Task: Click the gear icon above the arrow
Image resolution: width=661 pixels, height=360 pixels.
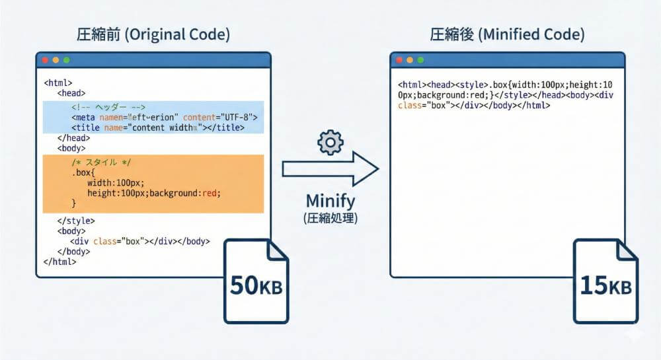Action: [x=330, y=143]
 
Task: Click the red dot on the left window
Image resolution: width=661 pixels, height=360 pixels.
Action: [x=45, y=60]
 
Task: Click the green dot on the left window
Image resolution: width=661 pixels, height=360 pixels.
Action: [x=66, y=60]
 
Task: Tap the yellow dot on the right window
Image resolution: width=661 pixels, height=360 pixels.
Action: [x=410, y=60]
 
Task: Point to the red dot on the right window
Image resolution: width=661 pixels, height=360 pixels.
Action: [x=399, y=60]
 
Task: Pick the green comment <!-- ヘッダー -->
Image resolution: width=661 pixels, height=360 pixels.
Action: [x=108, y=107]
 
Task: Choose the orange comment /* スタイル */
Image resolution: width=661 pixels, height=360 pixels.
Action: [x=105, y=162]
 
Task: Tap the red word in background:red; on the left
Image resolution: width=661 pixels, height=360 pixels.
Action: [x=210, y=193]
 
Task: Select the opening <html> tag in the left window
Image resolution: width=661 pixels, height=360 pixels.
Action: [x=58, y=84]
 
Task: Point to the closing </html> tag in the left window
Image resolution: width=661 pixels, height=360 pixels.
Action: [x=59, y=262]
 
